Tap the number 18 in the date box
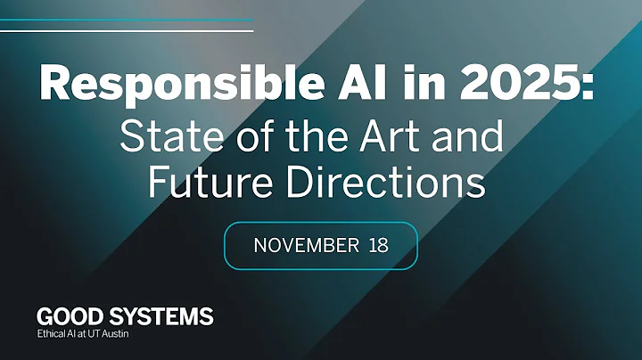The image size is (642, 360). tap(378, 245)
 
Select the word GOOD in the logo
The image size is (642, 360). tap(69, 316)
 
